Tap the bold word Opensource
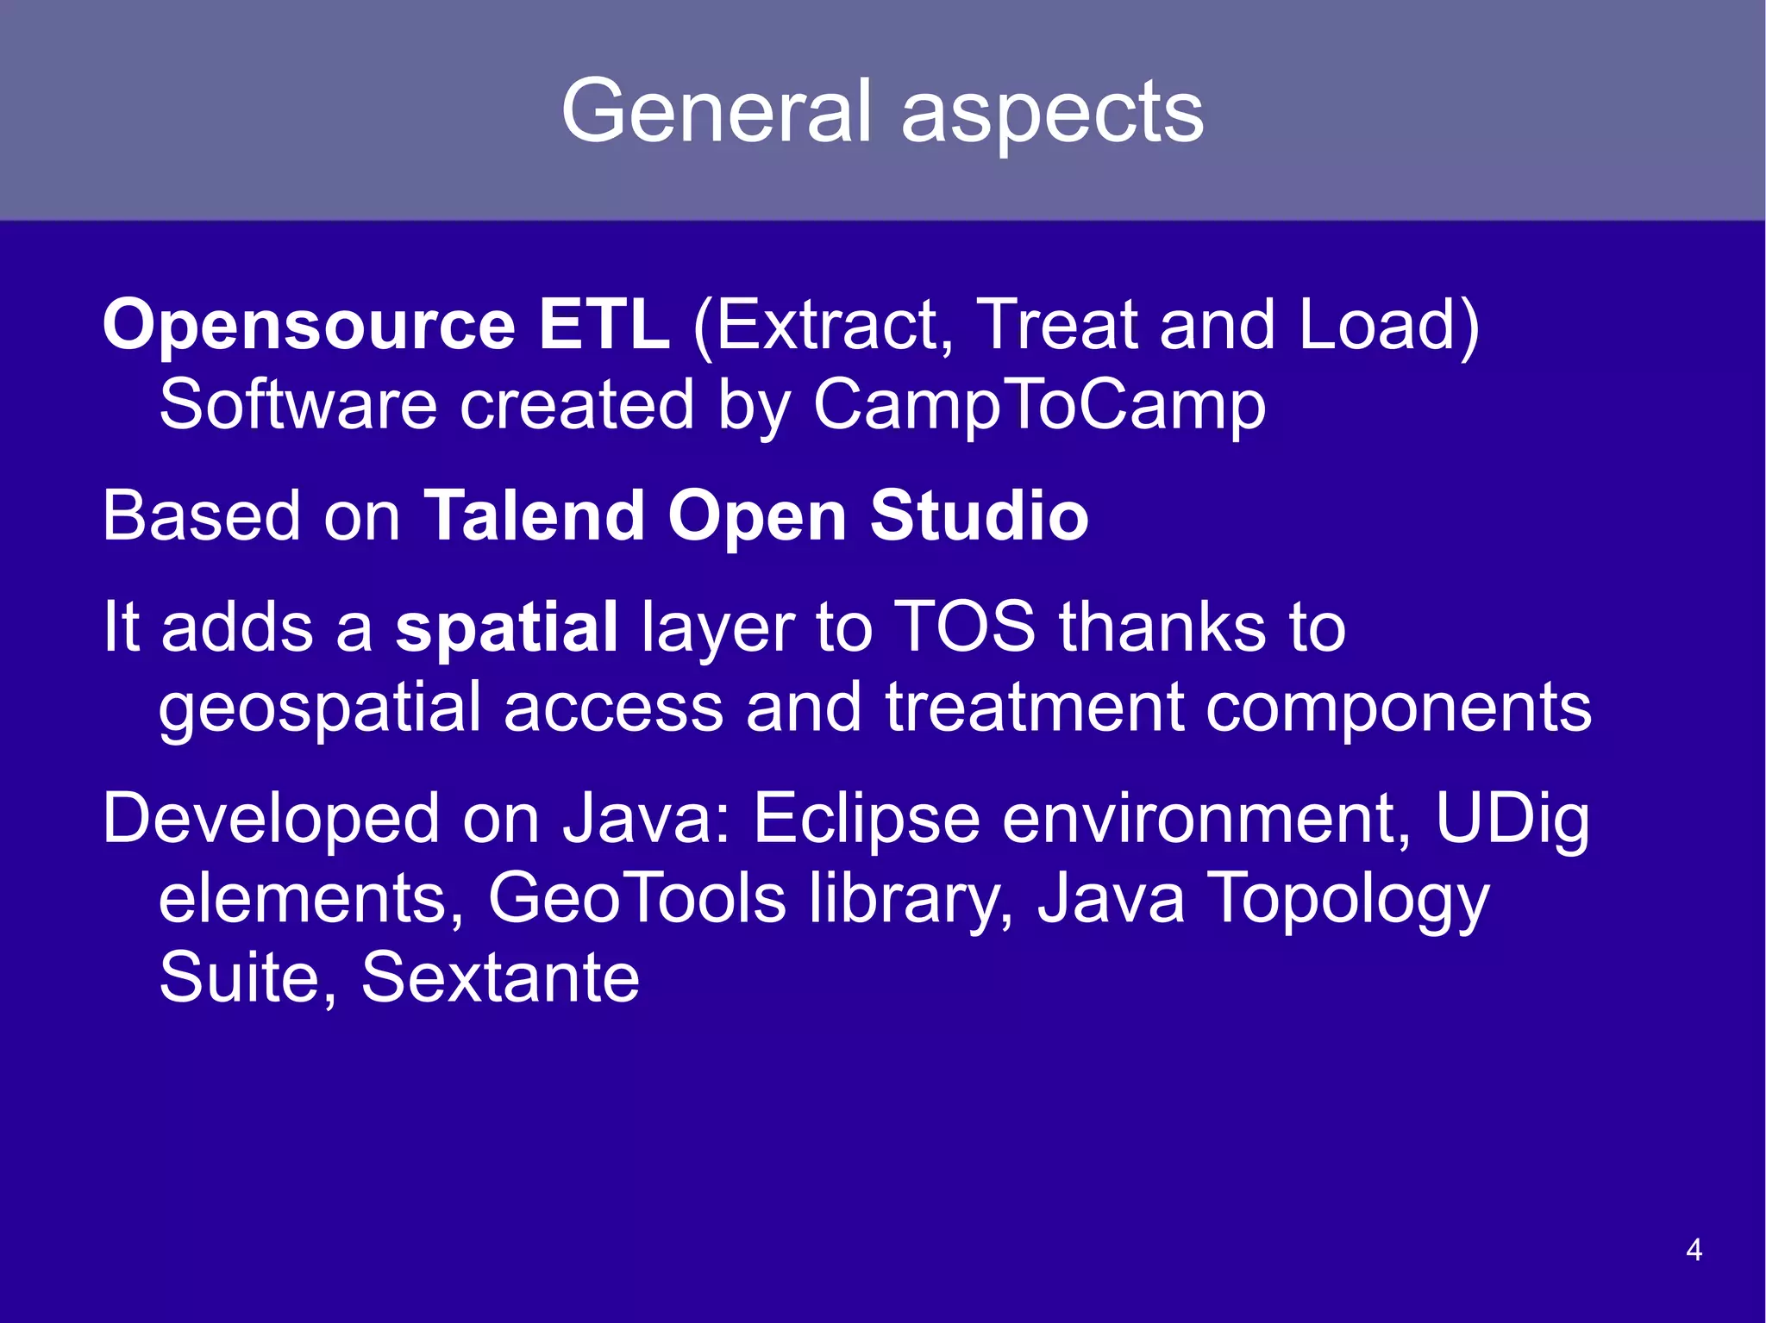[309, 326]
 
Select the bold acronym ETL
[604, 324]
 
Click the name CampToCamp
[1039, 405]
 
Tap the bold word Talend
[535, 515]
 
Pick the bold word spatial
[506, 627]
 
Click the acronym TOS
[963, 626]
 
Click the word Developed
[271, 819]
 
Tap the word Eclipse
[866, 819]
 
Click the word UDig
[1512, 819]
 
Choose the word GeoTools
[636, 898]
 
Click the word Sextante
[500, 977]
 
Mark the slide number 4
[1694, 1250]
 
